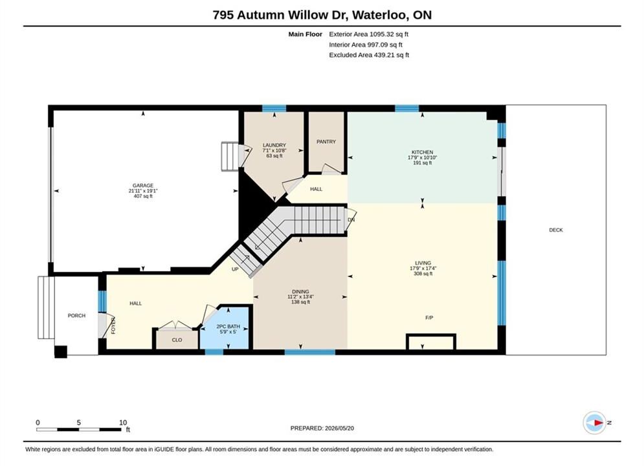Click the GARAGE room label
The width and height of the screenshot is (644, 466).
click(143, 186)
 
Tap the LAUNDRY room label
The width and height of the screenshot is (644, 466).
click(274, 146)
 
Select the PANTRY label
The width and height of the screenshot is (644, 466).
click(326, 142)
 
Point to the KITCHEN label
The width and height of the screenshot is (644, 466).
click(422, 152)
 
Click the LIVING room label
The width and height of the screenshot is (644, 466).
click(423, 263)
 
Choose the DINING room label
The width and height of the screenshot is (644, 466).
click(301, 292)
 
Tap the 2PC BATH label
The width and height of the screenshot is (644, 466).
click(228, 327)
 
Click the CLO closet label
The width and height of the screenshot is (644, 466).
click(177, 340)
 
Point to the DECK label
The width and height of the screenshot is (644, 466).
click(556, 230)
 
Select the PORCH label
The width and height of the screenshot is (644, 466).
click(76, 316)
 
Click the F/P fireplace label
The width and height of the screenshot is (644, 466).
click(429, 318)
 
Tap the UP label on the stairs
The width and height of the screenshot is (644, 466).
click(235, 269)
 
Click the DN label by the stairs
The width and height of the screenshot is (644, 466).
click(351, 220)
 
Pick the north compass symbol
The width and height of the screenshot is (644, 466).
click(595, 423)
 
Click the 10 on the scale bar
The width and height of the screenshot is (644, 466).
click(123, 423)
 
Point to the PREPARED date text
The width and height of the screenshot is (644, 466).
click(322, 428)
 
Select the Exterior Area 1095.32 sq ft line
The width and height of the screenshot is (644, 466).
click(368, 34)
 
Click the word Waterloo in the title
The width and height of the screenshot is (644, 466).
click(381, 15)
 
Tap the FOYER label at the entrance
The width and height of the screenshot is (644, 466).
click(113, 325)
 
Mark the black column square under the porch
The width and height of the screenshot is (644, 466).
click(61, 352)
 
